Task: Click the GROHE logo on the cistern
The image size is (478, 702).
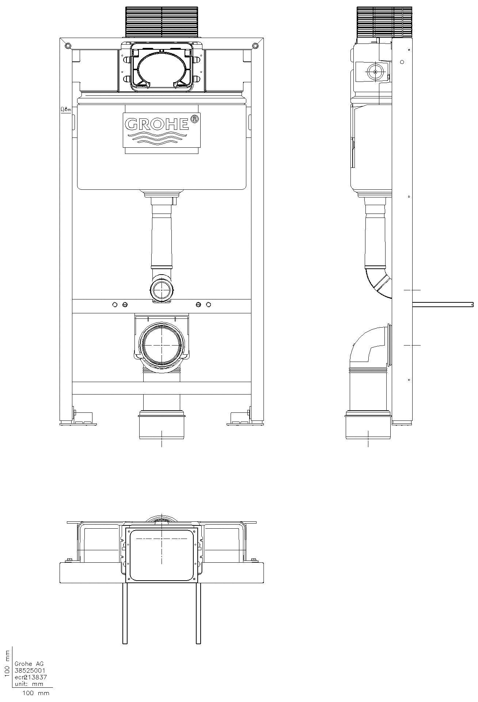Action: coord(157,124)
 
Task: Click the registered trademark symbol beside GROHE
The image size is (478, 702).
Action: coord(195,119)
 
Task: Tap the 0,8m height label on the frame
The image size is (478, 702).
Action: coord(66,109)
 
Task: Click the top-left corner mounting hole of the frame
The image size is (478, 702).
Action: coord(67,45)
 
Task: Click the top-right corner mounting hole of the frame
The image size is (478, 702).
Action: coord(255,45)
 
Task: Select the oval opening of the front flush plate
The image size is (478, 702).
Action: coord(161,69)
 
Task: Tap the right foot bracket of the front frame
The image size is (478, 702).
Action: coord(240,419)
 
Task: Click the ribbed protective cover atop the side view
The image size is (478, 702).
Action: coord(385,22)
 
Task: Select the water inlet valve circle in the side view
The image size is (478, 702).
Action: coord(375,72)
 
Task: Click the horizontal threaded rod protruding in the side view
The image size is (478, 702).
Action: coord(442,304)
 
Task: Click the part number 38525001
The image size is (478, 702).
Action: coord(30,671)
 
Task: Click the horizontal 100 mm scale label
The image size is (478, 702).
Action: coord(36,693)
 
